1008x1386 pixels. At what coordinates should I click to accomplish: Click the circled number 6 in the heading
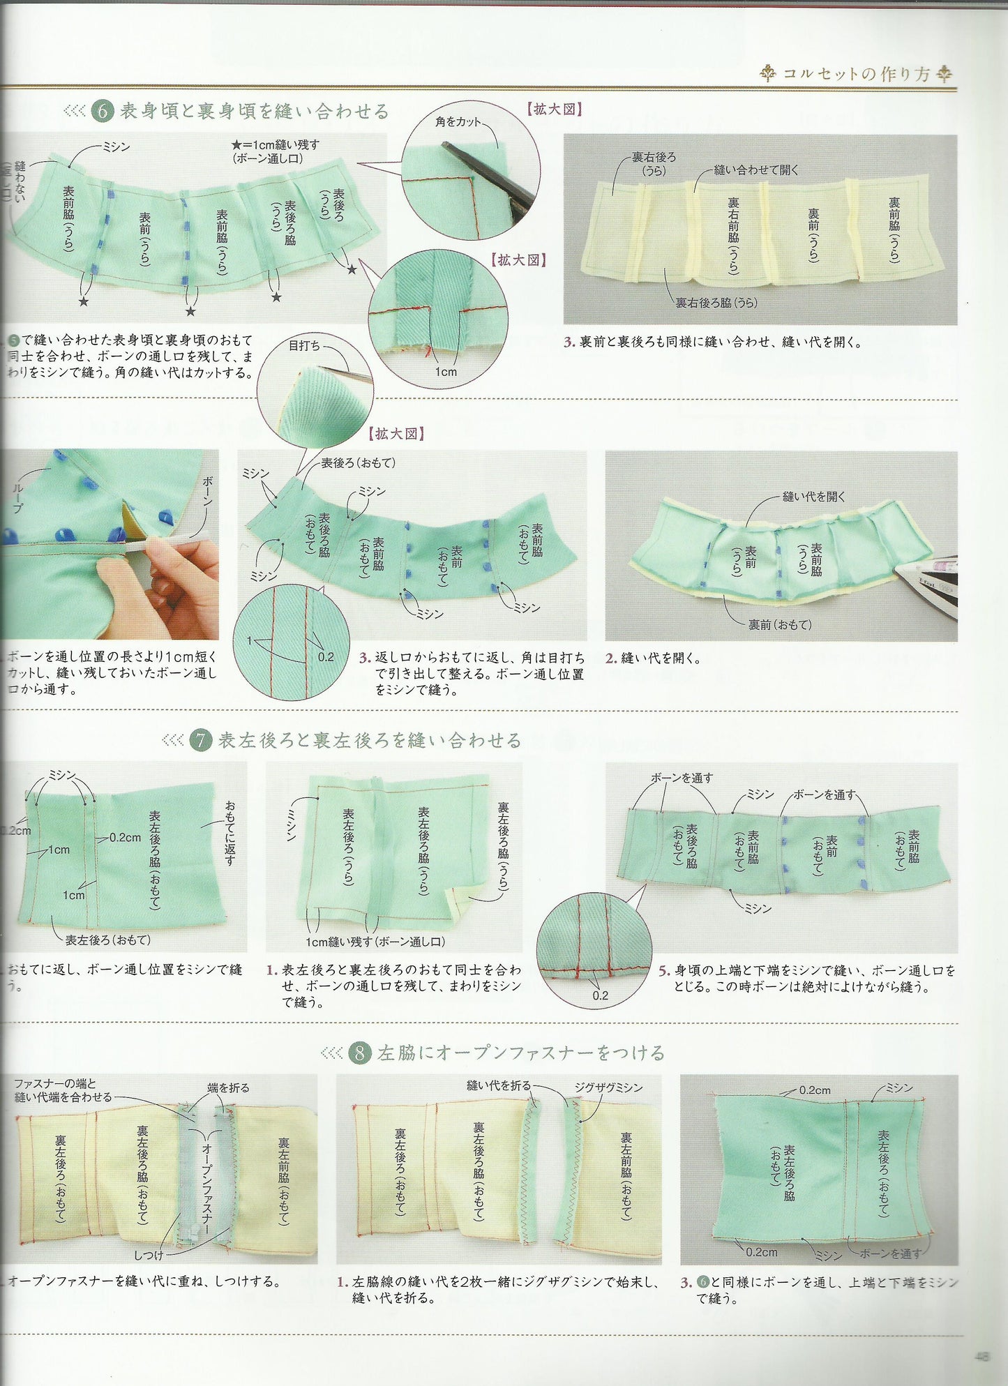102,112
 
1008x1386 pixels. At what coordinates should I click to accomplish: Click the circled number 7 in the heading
200,740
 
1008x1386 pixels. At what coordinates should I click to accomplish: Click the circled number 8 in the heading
359,1053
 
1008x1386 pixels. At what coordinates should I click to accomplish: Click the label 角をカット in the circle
458,121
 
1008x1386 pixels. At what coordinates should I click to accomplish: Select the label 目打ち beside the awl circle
304,345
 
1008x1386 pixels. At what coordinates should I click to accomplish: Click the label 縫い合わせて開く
756,170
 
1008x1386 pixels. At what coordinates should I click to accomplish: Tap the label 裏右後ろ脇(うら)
716,303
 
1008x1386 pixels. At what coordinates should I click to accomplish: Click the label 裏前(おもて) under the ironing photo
780,625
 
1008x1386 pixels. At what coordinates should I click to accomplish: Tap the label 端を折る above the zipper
228,1087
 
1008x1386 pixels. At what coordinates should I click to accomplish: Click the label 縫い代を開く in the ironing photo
813,497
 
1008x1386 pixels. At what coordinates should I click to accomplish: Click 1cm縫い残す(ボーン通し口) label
375,942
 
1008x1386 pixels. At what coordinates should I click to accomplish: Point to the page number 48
982,1357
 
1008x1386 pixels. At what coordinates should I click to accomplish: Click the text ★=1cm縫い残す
276,145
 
